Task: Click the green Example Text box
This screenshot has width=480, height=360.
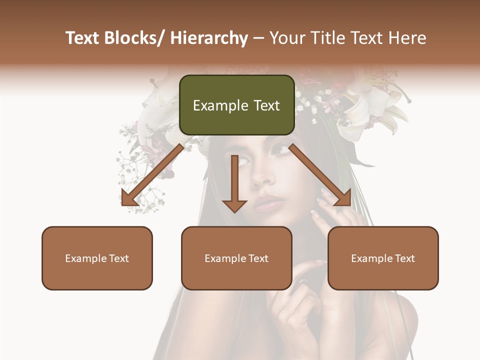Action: (x=236, y=105)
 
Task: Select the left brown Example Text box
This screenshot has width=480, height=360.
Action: (x=97, y=258)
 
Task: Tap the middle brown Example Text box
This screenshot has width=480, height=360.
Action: (x=236, y=258)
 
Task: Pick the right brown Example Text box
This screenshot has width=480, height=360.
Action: (x=383, y=258)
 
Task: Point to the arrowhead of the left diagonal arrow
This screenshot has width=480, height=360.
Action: (x=129, y=198)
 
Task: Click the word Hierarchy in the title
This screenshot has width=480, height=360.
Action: (x=209, y=38)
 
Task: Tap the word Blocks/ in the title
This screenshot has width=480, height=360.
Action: (x=136, y=38)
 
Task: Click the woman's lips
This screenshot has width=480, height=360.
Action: (x=269, y=203)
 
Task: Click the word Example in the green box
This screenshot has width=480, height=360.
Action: (x=216, y=105)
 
